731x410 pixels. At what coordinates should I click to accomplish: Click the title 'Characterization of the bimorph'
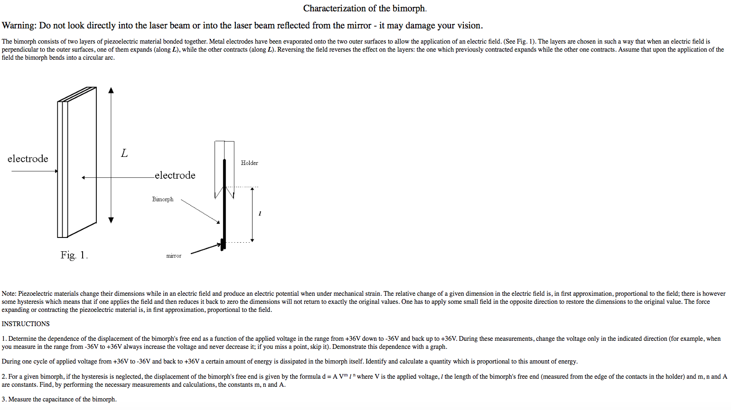click(365, 9)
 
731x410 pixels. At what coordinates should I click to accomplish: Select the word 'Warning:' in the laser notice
click(19, 26)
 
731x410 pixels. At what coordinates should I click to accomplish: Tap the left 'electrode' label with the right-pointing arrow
click(28, 159)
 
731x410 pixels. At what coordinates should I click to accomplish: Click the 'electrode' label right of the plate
click(175, 175)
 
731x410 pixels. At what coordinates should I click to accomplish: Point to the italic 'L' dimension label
click(124, 153)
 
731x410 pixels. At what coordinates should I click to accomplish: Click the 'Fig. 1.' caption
click(74, 255)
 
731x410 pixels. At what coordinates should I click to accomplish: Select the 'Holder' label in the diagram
click(249, 163)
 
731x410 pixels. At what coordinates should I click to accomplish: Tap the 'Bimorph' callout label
click(163, 200)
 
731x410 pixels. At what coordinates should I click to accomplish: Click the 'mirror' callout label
click(174, 256)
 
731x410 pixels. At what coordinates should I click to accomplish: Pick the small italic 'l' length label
click(260, 214)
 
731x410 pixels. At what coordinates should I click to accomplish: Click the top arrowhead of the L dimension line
click(111, 90)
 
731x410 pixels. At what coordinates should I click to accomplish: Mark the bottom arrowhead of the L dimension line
click(111, 220)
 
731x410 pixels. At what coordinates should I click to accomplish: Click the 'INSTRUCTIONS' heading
click(26, 324)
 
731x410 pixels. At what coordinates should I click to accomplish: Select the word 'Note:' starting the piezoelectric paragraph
click(9, 294)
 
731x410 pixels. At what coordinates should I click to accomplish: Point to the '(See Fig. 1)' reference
click(519, 42)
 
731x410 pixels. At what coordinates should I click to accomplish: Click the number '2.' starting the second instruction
click(4, 377)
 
